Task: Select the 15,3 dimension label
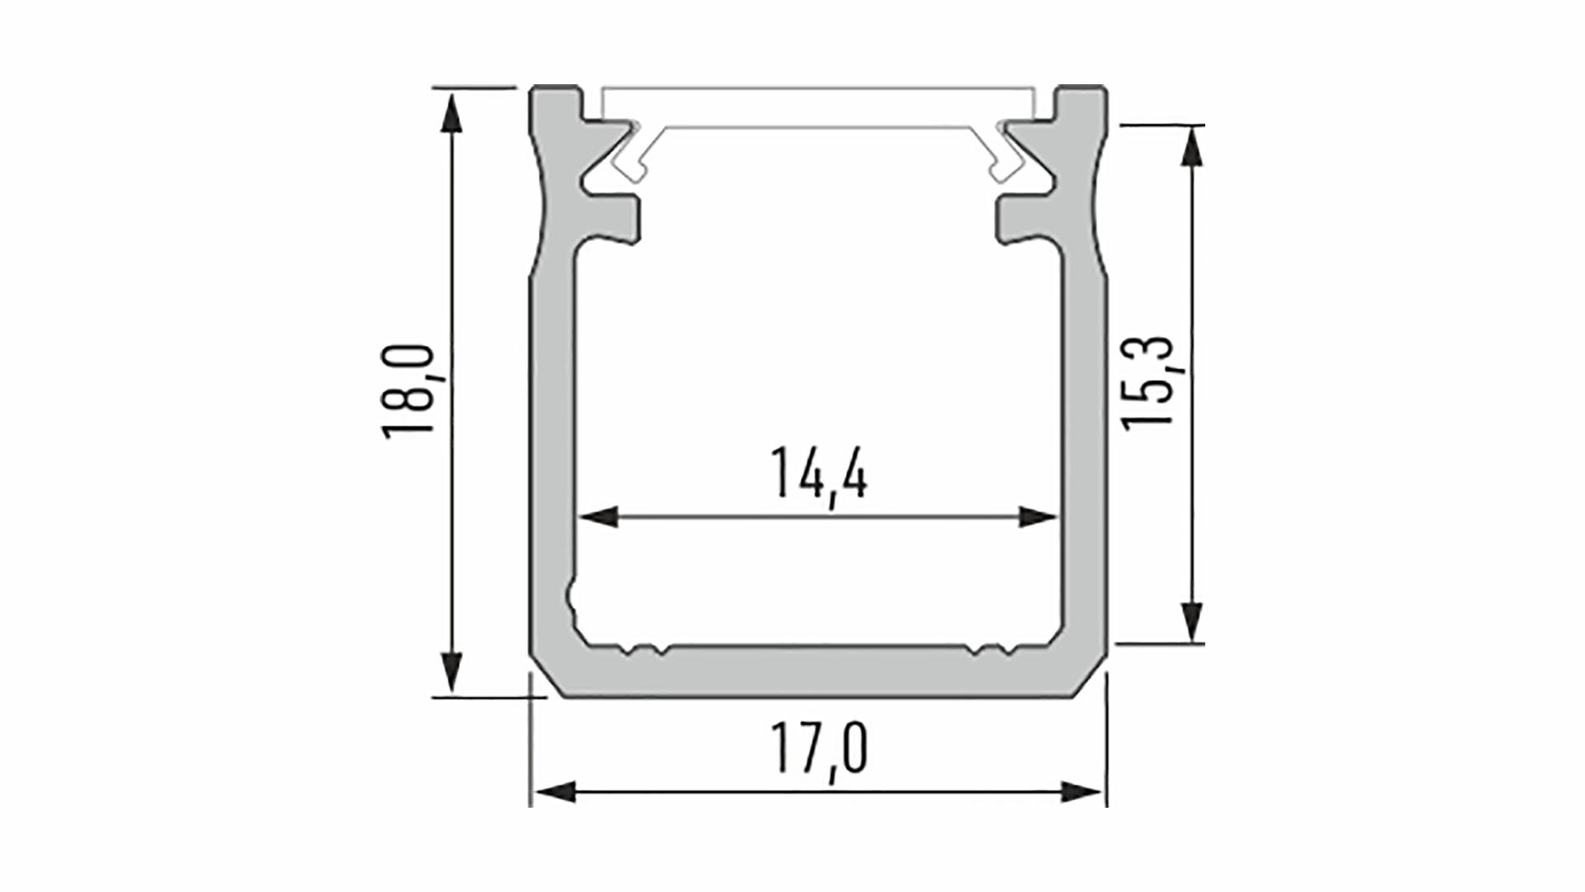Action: point(1148,382)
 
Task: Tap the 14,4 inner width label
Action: point(819,474)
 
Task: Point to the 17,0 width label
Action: point(819,748)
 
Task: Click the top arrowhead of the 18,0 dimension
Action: point(451,112)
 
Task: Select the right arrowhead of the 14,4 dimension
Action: point(1039,518)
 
